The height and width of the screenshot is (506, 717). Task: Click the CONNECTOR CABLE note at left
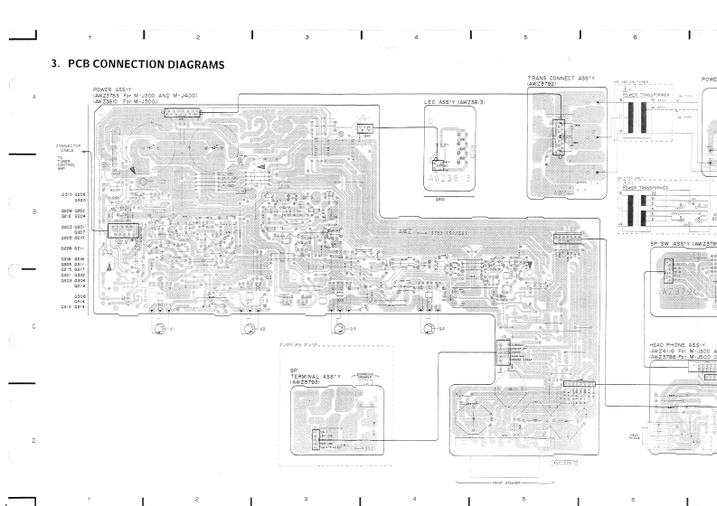pos(69,148)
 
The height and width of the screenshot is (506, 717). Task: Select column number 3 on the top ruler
pos(307,37)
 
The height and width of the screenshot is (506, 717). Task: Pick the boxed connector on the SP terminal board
pos(316,438)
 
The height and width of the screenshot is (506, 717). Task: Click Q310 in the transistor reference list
pos(67,194)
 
